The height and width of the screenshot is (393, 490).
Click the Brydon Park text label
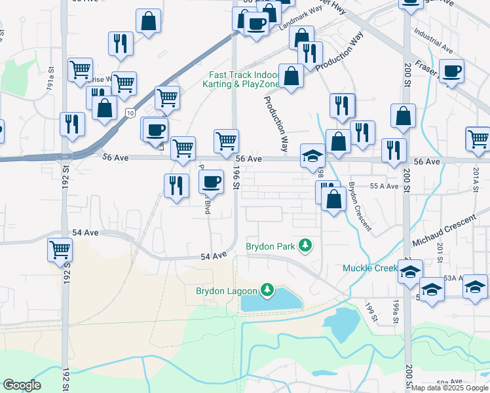(x=270, y=246)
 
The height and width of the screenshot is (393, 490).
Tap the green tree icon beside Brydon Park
(x=305, y=246)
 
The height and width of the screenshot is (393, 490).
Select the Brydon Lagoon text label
(x=227, y=290)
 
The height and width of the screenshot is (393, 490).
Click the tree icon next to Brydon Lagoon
(x=267, y=290)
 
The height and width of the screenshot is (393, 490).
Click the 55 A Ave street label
(x=384, y=186)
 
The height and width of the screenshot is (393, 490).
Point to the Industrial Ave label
(x=433, y=41)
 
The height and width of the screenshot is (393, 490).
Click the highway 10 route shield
(x=131, y=114)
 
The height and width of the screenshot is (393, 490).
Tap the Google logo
(x=22, y=385)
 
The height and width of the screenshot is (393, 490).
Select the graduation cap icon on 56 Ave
(x=313, y=157)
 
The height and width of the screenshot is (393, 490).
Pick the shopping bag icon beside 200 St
(x=404, y=116)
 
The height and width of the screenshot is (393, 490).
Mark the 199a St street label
(x=395, y=307)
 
